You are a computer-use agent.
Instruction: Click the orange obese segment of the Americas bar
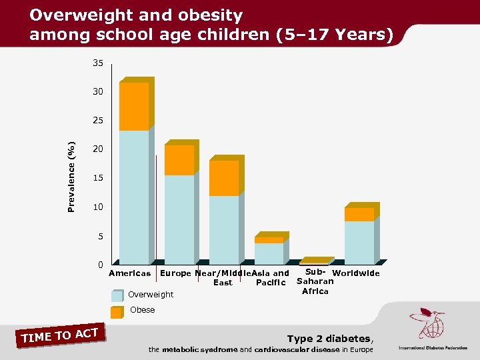click(134, 107)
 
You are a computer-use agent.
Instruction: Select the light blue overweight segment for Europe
click(179, 219)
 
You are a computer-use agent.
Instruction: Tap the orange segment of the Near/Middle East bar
click(223, 178)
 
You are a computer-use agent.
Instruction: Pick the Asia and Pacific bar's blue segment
click(269, 253)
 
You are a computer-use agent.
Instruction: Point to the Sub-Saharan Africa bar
click(314, 262)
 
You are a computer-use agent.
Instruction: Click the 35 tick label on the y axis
click(97, 64)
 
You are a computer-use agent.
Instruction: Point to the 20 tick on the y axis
click(97, 149)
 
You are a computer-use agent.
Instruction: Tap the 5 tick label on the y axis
click(99, 237)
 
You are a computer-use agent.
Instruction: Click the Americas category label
click(130, 273)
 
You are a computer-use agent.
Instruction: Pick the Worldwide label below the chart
click(355, 273)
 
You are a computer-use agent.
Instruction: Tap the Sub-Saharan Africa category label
click(315, 281)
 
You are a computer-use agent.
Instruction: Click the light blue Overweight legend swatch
click(117, 295)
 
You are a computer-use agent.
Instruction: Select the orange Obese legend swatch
click(117, 311)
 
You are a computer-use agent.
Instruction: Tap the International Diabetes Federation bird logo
click(426, 323)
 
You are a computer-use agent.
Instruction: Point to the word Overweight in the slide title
click(73, 15)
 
